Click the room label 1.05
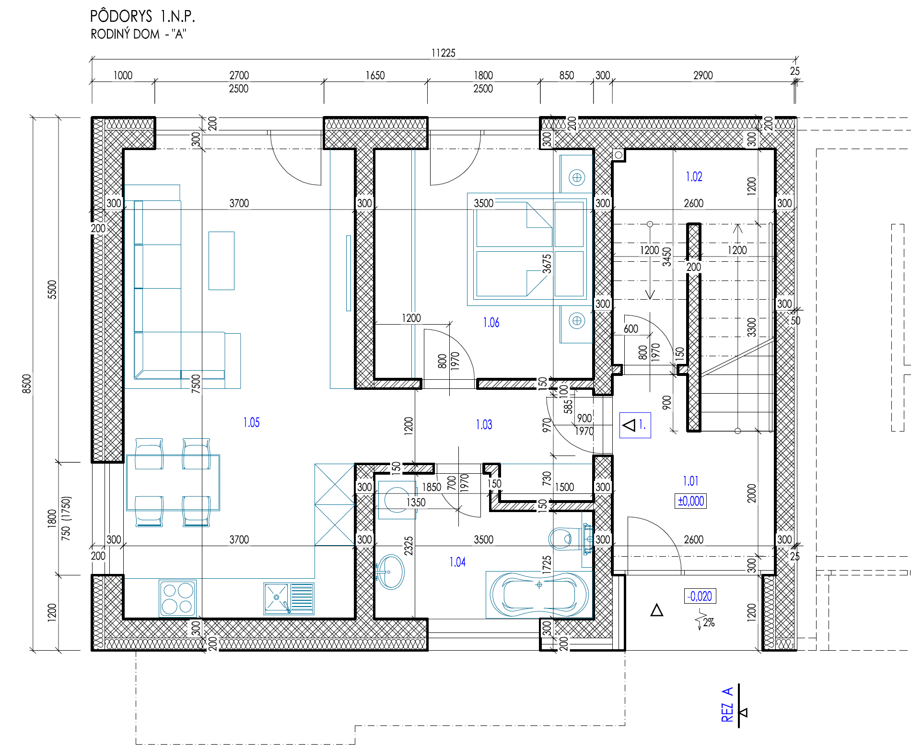click(251, 422)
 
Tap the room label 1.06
click(491, 323)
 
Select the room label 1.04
click(457, 562)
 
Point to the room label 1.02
click(694, 177)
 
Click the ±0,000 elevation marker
click(690, 501)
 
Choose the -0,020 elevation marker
click(700, 596)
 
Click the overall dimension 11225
click(443, 53)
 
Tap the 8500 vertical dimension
click(27, 384)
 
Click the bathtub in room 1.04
click(539, 595)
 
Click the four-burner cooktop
click(177, 598)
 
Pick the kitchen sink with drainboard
click(289, 598)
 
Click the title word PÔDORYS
click(121, 16)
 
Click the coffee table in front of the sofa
click(222, 261)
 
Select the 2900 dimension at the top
click(703, 75)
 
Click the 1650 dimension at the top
click(375, 75)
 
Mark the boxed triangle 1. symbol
click(635, 425)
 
